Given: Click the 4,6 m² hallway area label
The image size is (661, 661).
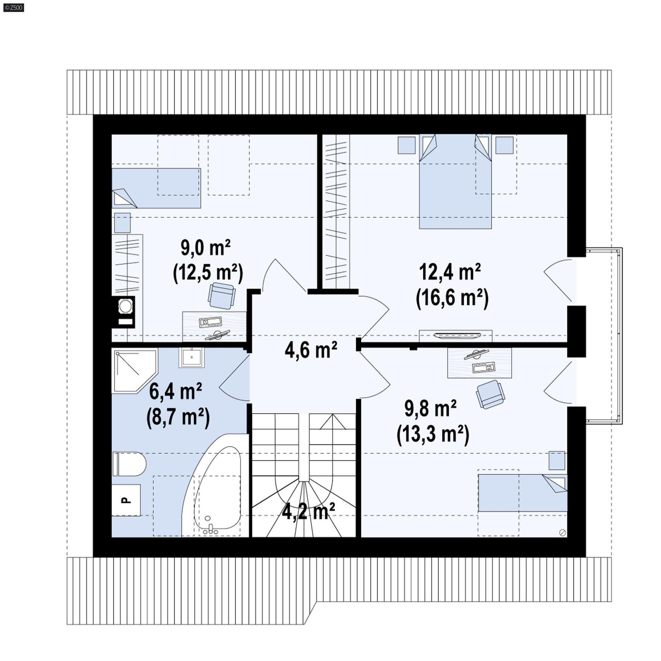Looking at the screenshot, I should [311, 350].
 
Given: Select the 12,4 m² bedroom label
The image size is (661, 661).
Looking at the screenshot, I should [450, 272].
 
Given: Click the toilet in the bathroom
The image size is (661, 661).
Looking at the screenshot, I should [130, 464].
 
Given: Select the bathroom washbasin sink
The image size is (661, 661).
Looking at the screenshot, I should [192, 357].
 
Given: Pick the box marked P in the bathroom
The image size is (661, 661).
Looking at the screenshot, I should [126, 500].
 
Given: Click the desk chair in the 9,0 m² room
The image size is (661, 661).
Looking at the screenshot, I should [222, 295].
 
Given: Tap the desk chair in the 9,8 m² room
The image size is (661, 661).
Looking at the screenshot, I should [490, 394].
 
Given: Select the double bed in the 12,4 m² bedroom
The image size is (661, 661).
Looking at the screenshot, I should [455, 182].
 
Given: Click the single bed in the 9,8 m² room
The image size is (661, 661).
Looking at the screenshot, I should [523, 492].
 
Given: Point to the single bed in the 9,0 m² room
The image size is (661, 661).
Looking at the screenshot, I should [156, 188].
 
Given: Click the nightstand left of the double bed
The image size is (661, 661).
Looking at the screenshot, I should [407, 145].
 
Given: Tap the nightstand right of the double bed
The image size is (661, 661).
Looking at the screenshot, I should [504, 145].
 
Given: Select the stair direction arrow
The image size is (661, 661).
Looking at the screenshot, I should [333, 421].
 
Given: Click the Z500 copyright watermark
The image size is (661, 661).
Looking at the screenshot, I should [13, 7].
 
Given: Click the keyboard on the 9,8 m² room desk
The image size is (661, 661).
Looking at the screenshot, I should [483, 367].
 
